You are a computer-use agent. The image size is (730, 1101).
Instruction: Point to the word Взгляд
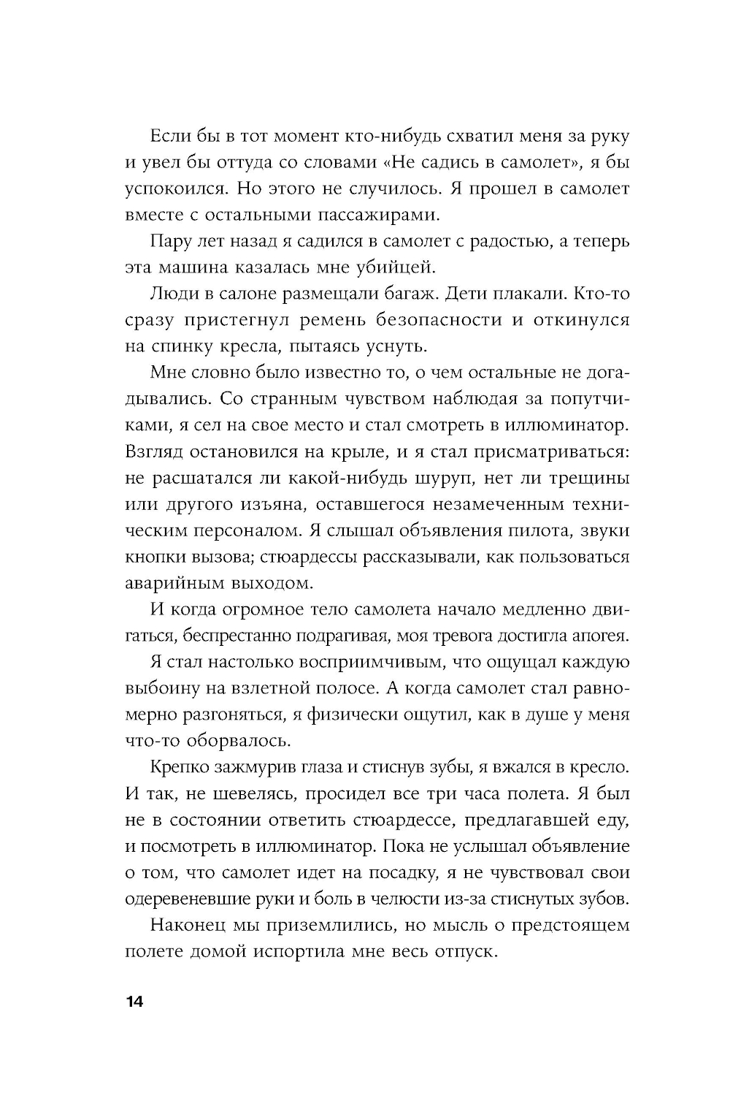pos(158,452)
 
